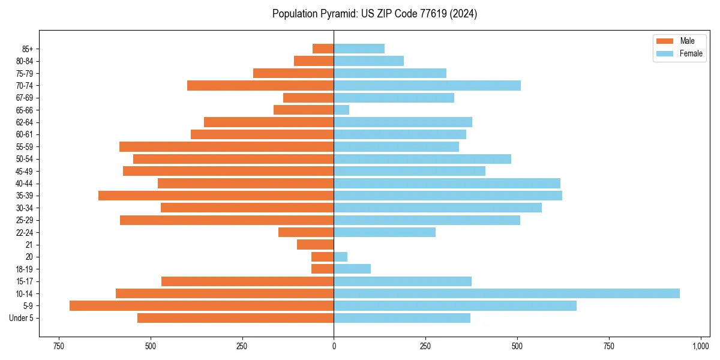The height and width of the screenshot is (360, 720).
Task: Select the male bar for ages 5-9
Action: (x=202, y=306)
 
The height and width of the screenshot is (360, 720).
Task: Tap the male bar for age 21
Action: (x=316, y=245)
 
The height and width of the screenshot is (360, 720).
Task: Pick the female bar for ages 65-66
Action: (x=341, y=110)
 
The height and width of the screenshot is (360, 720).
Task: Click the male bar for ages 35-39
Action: (x=216, y=196)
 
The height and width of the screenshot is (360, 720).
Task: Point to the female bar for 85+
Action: (x=359, y=49)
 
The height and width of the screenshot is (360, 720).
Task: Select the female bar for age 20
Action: (x=341, y=257)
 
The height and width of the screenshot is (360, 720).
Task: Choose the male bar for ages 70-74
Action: (x=260, y=86)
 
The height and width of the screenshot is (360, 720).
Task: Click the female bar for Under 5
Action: (x=402, y=318)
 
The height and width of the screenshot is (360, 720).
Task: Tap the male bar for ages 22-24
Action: (x=306, y=232)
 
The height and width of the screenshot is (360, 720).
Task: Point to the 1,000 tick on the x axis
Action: (x=701, y=346)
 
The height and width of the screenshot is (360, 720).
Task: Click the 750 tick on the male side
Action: (x=58, y=346)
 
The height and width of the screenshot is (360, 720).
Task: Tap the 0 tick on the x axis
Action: (x=334, y=346)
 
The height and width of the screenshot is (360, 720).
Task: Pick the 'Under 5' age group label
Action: (x=22, y=318)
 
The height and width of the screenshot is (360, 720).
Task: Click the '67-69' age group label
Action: (x=25, y=98)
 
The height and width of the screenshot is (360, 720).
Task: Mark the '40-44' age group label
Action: (x=25, y=184)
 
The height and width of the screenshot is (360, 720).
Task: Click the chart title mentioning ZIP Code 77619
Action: (x=374, y=14)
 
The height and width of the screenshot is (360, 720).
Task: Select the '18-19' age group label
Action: (x=25, y=269)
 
